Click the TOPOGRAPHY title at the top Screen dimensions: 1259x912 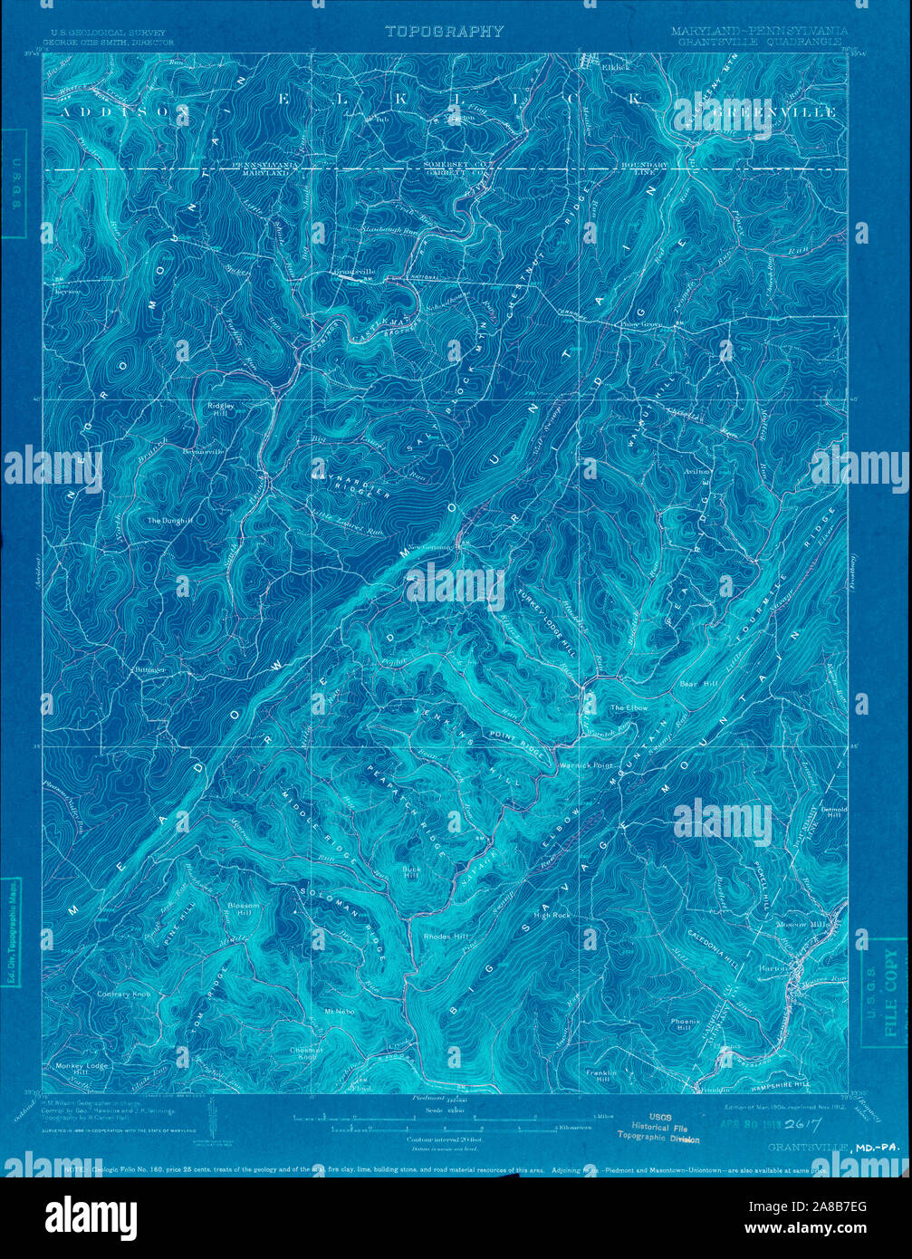tap(444, 31)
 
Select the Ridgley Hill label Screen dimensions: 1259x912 tap(221, 410)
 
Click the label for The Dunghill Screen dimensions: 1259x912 tap(171, 521)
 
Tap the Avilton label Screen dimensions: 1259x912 tap(698, 472)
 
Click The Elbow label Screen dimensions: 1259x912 tap(629, 707)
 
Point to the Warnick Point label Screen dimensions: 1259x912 tap(587, 764)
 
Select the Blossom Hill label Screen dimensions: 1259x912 tap(245, 909)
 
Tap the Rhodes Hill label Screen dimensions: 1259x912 tap(446, 936)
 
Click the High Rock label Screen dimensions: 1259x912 tap(552, 916)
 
